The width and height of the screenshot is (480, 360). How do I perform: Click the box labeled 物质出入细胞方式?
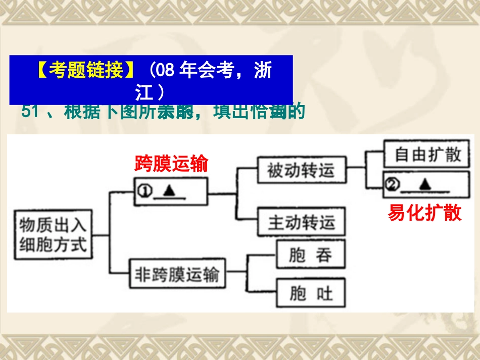point(54,235)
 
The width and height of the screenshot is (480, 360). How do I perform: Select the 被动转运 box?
point(301,171)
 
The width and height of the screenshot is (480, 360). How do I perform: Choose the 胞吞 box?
point(310,255)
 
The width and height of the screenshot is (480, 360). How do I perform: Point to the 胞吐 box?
point(310,293)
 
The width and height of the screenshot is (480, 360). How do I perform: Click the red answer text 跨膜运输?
point(171,164)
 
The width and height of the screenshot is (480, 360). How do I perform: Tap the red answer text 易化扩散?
point(425,213)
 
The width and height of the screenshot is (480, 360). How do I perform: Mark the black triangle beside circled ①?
point(169,190)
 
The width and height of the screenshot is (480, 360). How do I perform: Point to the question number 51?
point(30,112)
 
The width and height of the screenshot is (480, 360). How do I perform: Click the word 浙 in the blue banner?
point(263,71)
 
